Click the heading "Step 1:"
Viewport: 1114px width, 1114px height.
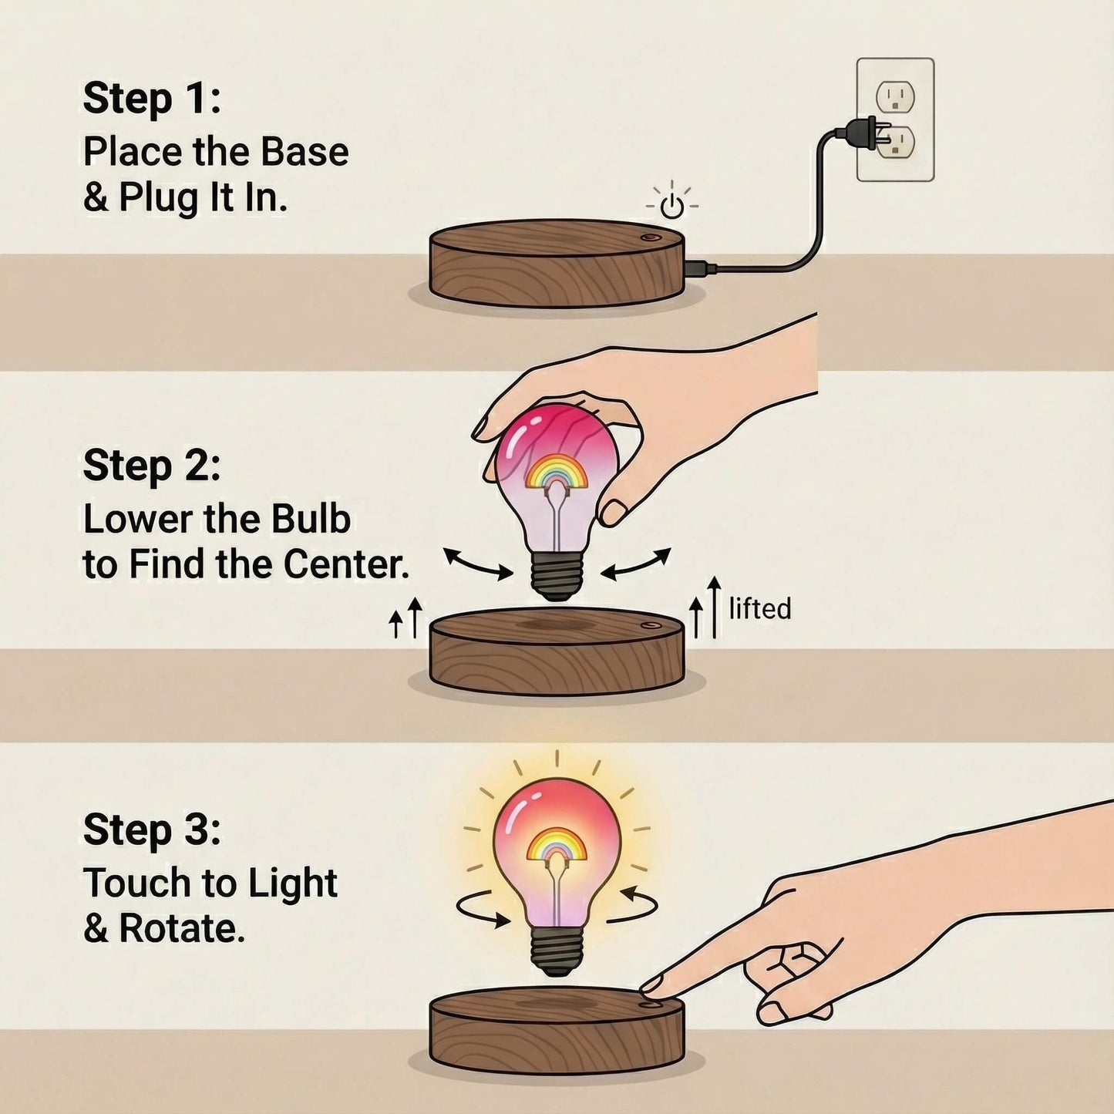152,99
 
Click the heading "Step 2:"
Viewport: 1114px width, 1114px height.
152,466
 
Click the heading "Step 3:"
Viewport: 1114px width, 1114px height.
152,830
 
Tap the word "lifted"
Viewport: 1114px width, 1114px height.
760,609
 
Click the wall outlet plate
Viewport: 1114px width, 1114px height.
895,119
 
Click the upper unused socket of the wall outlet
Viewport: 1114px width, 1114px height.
895,97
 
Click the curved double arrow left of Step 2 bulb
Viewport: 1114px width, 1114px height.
478,564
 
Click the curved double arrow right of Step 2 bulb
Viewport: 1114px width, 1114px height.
636,564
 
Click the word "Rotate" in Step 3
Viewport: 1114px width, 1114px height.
182,929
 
